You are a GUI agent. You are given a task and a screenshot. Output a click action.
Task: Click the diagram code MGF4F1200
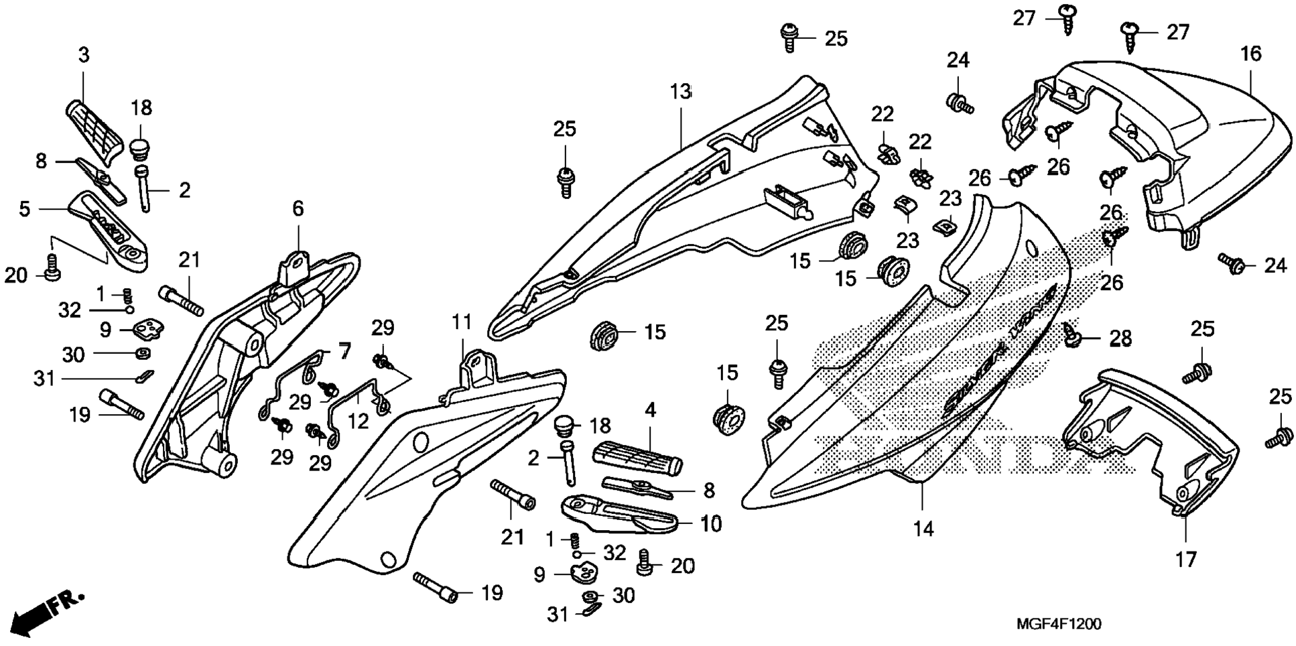click(x=1058, y=625)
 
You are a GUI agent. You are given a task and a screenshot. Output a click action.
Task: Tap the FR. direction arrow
click(x=50, y=610)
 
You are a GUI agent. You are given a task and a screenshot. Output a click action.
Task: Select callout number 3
click(x=84, y=55)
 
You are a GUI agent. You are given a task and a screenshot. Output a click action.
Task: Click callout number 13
click(x=680, y=92)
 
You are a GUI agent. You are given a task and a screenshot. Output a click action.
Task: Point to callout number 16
click(x=1250, y=54)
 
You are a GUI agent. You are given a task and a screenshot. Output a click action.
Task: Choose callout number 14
click(x=923, y=529)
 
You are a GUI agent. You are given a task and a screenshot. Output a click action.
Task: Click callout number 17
click(x=1185, y=559)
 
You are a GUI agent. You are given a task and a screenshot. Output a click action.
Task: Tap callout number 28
click(x=1120, y=339)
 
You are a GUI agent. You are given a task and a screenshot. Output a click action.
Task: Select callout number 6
click(x=298, y=209)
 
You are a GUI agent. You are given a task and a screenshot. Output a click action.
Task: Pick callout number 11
click(x=462, y=323)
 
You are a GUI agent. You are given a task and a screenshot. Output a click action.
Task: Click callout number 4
click(x=650, y=409)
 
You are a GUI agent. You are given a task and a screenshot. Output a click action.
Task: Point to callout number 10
click(x=711, y=523)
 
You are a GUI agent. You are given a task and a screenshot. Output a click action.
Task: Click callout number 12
click(x=359, y=421)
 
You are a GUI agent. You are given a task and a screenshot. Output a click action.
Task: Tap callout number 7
click(x=343, y=350)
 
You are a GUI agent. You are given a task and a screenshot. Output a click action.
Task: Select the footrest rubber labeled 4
click(x=637, y=459)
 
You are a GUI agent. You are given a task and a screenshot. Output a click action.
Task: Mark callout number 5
click(x=24, y=209)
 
